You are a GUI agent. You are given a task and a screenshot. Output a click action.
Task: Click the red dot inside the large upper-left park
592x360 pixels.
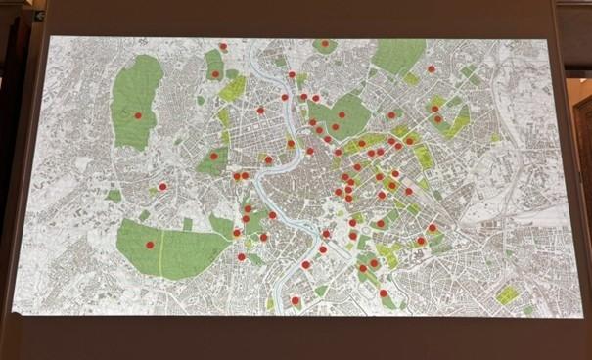coord(138,115)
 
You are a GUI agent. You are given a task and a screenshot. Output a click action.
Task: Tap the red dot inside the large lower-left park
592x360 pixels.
coord(150,245)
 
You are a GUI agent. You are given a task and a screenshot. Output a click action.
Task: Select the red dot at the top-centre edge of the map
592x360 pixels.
coord(325,43)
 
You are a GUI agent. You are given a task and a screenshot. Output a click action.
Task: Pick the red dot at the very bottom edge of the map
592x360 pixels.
coord(296,301)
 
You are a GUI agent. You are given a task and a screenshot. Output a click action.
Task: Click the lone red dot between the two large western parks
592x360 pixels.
coord(162,186)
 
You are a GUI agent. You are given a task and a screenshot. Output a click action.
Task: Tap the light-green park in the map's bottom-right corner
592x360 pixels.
coord(507,293)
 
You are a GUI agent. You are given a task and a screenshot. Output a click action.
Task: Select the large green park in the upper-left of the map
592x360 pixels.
coord(137,98)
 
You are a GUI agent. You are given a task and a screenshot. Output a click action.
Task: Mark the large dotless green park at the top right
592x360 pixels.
coord(399,56)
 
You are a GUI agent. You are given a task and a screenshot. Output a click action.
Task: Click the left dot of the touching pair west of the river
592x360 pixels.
coord(236,176)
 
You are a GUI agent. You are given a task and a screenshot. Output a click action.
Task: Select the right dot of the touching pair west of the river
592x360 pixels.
coord(245,175)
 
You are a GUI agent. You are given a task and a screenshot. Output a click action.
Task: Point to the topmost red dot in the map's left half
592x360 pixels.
coord(223,46)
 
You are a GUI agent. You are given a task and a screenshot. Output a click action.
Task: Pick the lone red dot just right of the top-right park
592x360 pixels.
coord(431,69)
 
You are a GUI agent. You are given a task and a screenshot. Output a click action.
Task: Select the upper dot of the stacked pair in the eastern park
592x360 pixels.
coord(433,108)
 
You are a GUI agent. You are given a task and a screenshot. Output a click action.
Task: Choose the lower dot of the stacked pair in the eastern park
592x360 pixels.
coord(437,119)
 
